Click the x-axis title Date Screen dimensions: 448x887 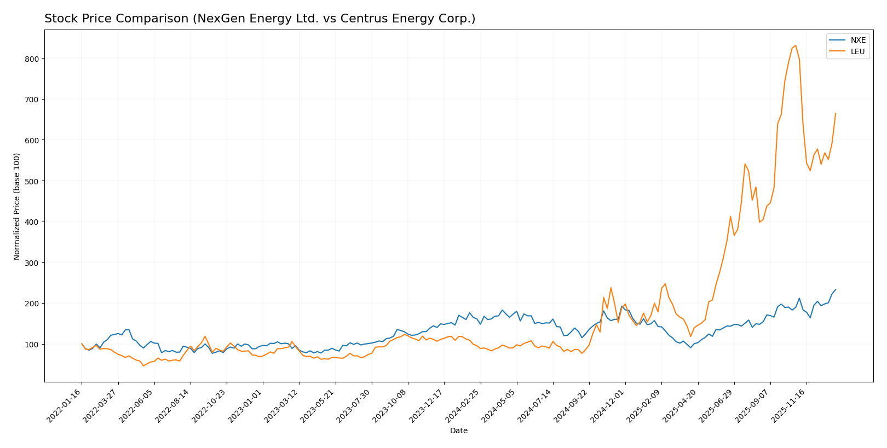click(458, 431)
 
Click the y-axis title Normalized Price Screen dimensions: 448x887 click(17, 206)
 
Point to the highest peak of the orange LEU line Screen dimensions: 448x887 click(796, 45)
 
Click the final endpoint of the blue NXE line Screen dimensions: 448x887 click(836, 289)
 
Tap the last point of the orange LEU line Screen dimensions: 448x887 click(836, 114)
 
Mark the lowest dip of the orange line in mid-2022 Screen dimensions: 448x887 click(143, 365)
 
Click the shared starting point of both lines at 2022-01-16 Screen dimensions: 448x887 click(82, 344)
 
